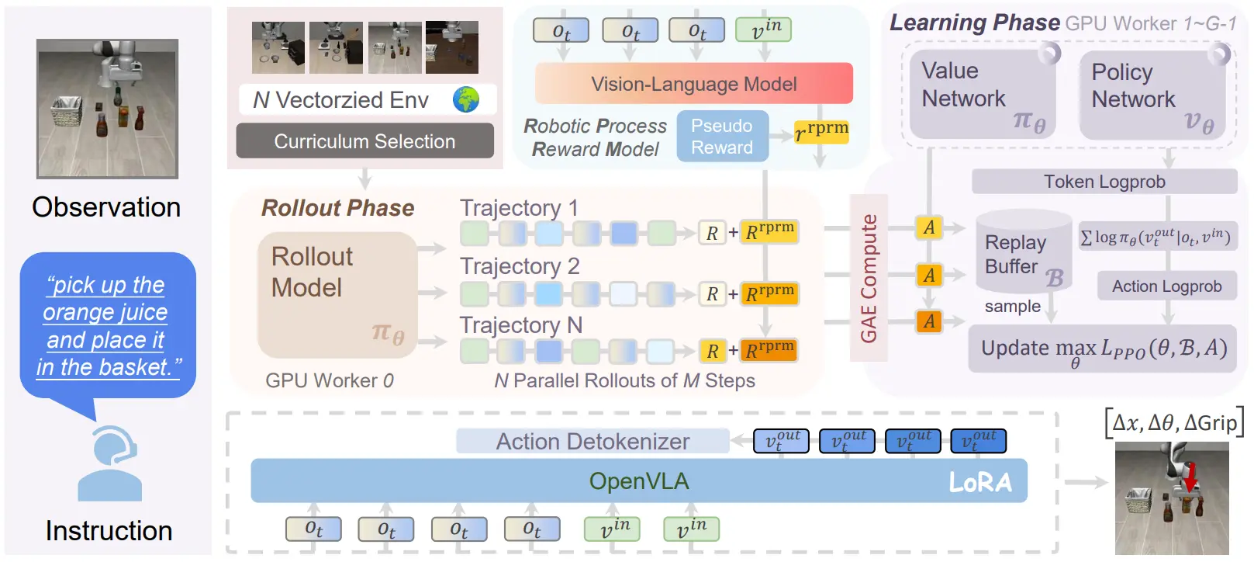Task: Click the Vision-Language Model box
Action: point(693,84)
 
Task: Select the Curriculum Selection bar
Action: point(365,141)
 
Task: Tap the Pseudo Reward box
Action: point(722,137)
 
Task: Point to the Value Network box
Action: point(983,94)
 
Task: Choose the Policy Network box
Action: point(1152,95)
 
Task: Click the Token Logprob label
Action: point(1104,182)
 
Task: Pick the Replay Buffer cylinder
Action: point(1024,251)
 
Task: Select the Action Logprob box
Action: point(1166,286)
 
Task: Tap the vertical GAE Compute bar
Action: point(869,278)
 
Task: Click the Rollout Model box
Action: point(337,295)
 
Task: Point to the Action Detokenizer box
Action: point(592,442)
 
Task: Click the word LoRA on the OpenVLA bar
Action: point(980,482)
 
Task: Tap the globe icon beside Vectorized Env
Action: point(466,99)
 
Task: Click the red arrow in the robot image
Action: point(1190,477)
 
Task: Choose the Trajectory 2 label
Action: point(520,266)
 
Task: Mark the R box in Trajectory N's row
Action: point(712,351)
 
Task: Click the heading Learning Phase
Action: point(975,23)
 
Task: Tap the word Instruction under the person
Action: point(109,531)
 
